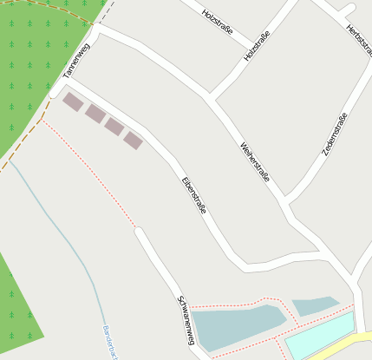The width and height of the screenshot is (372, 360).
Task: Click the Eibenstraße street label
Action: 193,195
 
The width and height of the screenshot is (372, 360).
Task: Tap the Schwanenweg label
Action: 185,320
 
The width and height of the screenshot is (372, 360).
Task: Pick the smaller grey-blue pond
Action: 314,305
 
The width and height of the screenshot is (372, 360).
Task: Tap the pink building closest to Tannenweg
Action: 73,102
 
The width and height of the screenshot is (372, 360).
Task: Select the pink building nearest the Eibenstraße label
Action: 133,140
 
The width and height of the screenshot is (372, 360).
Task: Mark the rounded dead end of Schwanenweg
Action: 140,232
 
